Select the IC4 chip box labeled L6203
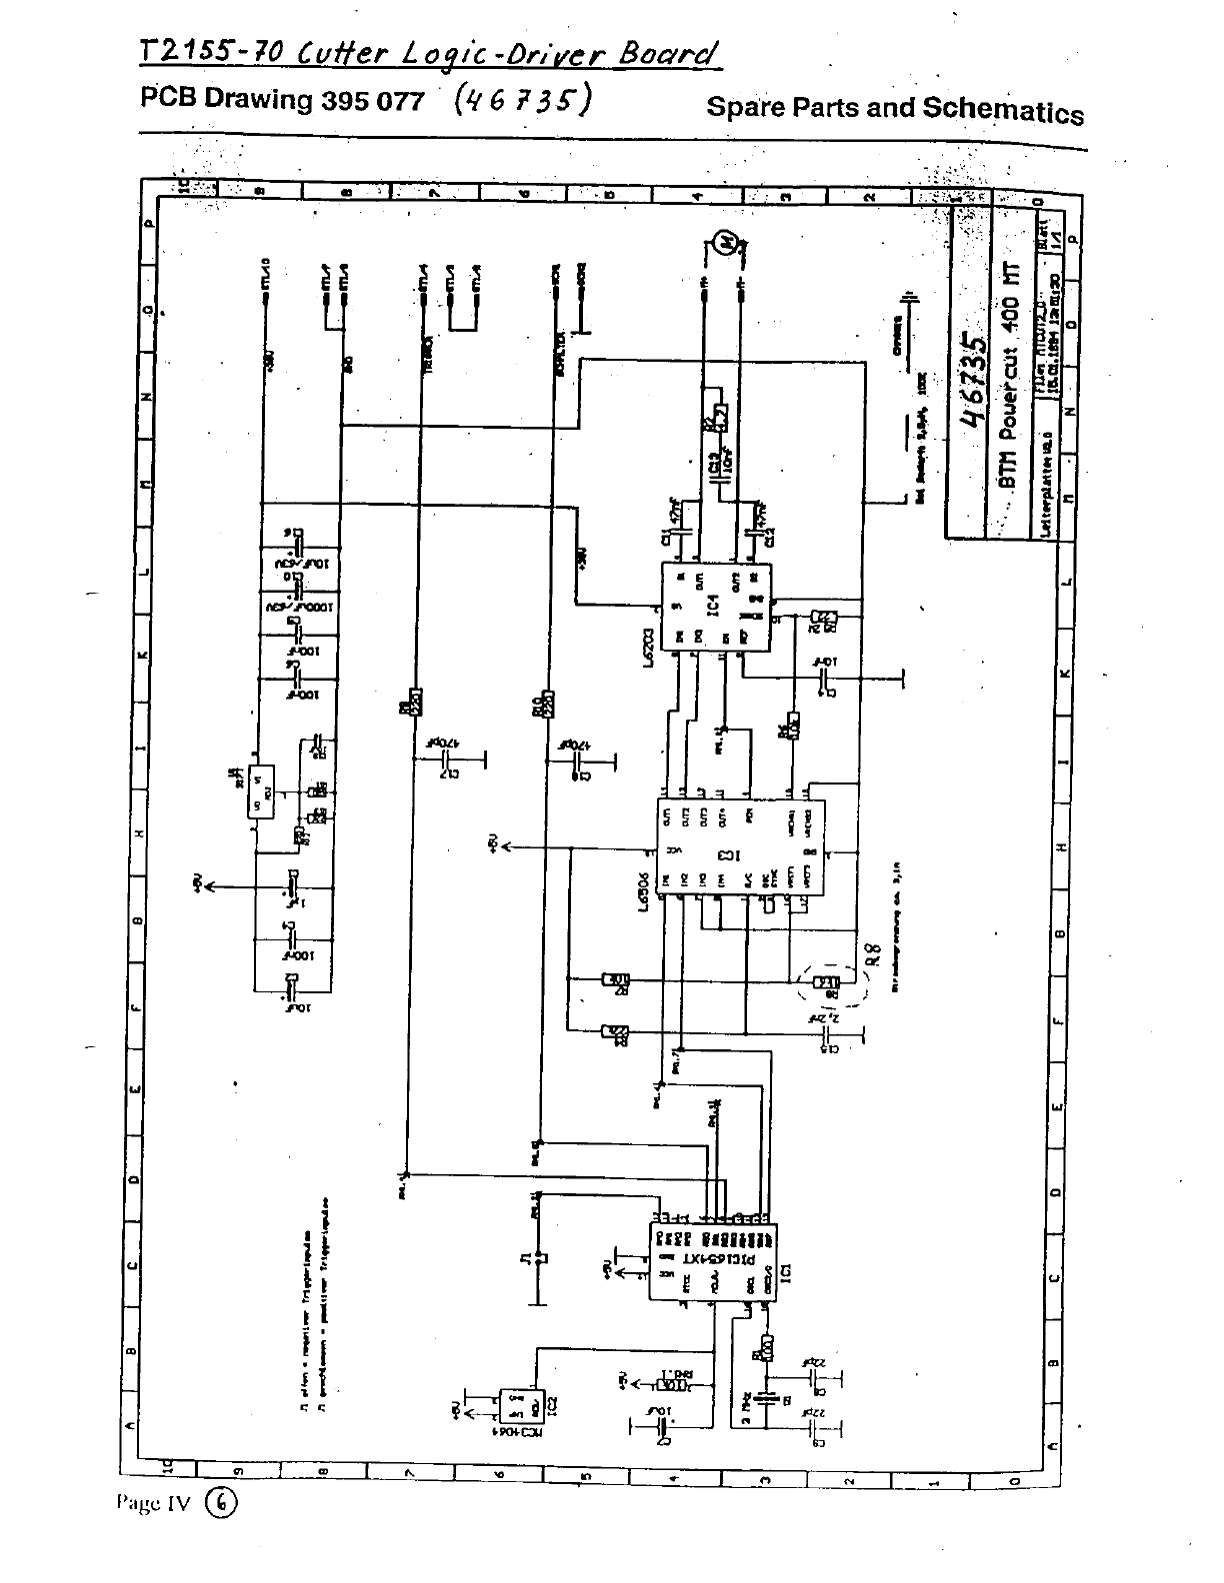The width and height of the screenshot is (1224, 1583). point(716,607)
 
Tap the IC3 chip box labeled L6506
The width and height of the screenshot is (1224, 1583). point(741,846)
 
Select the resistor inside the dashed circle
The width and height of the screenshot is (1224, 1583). point(827,982)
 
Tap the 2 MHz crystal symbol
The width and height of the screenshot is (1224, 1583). point(768,1399)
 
